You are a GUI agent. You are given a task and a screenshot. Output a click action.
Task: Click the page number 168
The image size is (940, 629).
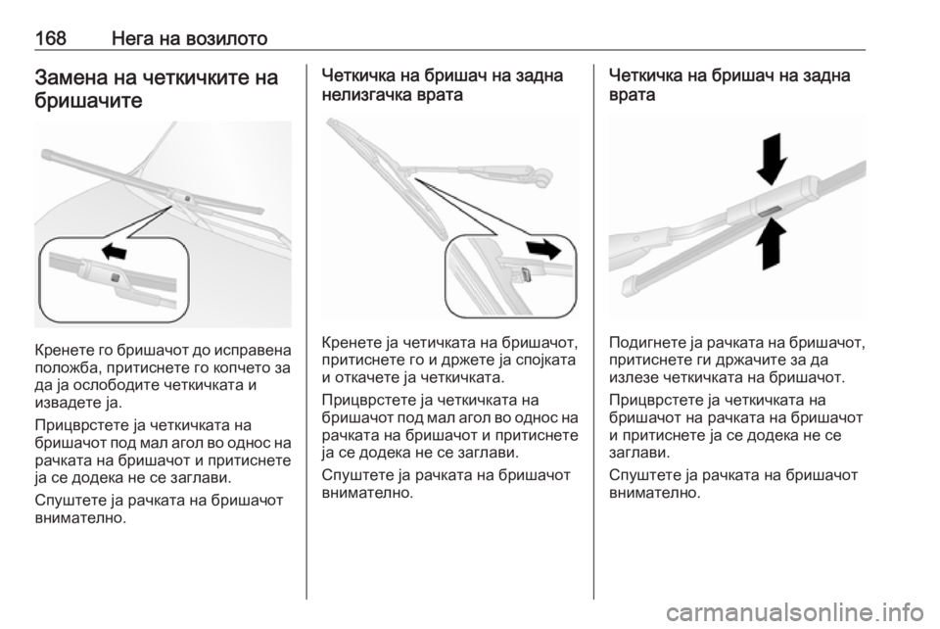(x=50, y=38)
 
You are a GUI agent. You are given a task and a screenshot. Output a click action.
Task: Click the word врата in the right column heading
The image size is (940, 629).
(x=632, y=95)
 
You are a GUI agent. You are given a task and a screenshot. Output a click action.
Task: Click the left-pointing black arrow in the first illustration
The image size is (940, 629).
(x=114, y=251)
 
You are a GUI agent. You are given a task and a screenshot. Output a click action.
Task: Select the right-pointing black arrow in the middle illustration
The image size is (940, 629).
(x=542, y=248)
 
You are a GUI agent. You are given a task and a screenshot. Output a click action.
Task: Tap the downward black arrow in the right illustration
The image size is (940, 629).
(x=772, y=159)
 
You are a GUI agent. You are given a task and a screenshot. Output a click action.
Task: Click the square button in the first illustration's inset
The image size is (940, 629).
(x=115, y=276)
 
